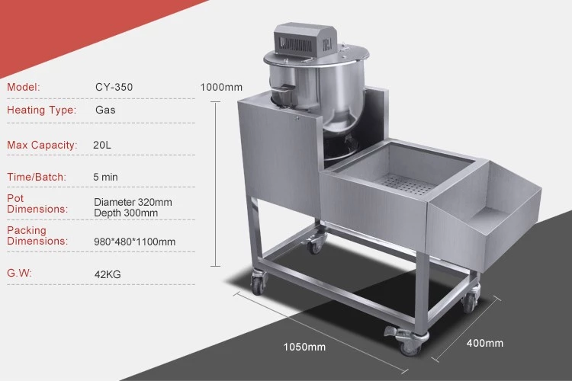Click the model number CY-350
[114, 87]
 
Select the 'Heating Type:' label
[42, 110]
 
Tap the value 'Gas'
[105, 110]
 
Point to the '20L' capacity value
[102, 145]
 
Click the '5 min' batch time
[105, 177]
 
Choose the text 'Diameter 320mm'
[133, 202]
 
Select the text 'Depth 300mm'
[126, 213]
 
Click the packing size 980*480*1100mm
[134, 242]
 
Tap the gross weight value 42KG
[108, 274]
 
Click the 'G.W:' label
[19, 273]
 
